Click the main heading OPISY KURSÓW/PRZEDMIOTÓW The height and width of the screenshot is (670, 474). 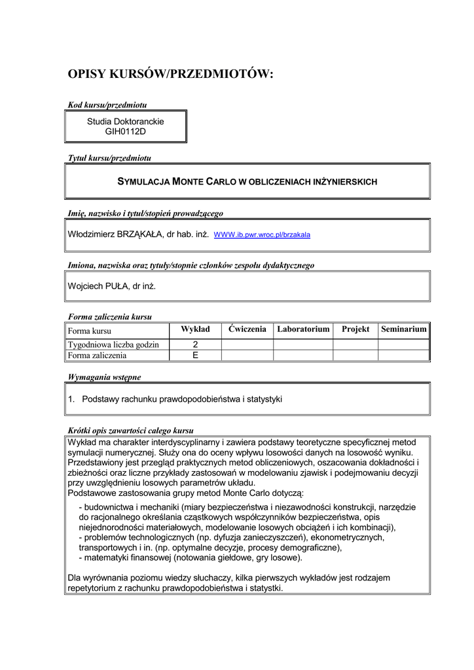coord(170,75)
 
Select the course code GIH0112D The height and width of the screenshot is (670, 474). coord(126,132)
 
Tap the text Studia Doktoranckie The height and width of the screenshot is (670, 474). coord(126,122)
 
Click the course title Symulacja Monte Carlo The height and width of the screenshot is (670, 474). coord(247,181)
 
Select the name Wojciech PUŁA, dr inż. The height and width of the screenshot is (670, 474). coord(112,286)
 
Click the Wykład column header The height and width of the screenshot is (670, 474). coord(195,329)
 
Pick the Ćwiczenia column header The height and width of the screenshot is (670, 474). coord(247,329)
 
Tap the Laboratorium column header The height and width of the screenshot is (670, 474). coord(303,329)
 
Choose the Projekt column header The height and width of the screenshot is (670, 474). coord(355,329)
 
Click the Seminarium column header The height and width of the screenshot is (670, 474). coord(404,329)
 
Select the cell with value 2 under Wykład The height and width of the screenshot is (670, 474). coord(195,345)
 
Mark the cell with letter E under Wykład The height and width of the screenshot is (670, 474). coord(195,356)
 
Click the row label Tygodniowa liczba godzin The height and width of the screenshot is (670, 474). coord(114,345)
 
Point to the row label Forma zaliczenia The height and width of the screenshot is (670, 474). coord(98,356)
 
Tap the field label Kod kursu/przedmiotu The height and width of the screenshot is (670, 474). coord(107,105)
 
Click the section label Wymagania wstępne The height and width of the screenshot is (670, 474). coord(104,377)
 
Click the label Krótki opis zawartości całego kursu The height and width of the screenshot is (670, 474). coord(131,431)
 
